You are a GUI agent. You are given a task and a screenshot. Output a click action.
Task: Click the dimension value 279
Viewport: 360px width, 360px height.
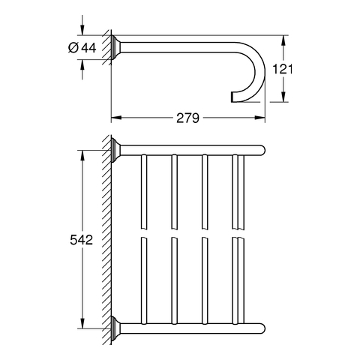tap(187, 118)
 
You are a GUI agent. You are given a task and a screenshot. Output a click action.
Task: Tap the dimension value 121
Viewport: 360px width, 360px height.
tap(282, 69)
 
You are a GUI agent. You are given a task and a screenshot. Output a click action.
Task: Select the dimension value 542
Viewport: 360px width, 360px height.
tap(82, 240)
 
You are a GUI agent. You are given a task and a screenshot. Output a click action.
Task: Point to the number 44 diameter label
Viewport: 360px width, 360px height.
tap(89, 47)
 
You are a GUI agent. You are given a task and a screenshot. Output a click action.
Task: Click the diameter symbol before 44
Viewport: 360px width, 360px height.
tap(73, 47)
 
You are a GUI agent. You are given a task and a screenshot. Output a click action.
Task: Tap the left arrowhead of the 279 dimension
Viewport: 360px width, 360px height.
tap(116, 118)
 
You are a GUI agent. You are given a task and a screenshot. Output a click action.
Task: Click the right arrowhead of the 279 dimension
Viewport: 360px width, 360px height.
tap(259, 118)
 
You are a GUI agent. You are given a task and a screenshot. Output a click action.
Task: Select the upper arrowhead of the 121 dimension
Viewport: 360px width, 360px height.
tap(283, 40)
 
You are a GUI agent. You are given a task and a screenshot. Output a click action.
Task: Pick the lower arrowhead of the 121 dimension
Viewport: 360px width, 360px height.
tap(283, 97)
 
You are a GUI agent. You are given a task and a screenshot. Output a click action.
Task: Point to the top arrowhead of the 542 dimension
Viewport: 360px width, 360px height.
tap(82, 155)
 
